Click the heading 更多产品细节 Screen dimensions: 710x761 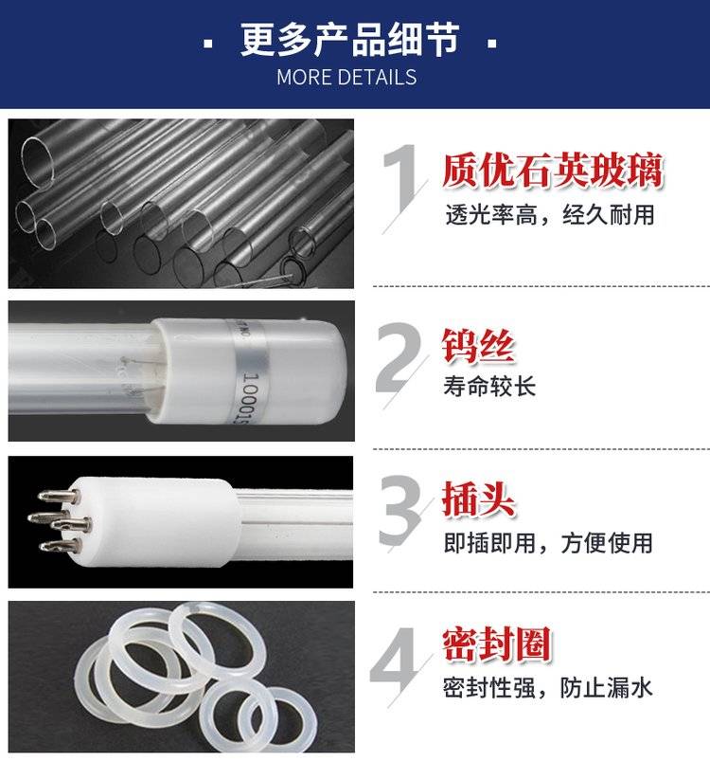pos(349,41)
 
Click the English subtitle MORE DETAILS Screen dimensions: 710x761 pos(346,77)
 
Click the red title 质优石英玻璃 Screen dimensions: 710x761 pos(553,171)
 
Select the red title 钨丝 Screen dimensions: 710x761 pos(478,346)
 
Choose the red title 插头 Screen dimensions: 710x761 pos(478,499)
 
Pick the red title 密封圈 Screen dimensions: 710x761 pos(497,644)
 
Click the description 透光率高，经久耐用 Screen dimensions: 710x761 pos(550,215)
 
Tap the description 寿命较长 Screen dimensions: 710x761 pos(489,387)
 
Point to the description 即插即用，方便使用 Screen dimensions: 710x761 pos(548,543)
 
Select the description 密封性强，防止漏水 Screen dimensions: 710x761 pos(547,688)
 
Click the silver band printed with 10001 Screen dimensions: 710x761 pos(249,372)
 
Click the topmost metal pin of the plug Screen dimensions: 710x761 pos(59,496)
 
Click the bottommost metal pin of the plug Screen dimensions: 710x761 pos(59,546)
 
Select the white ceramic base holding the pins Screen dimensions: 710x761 pos(155,522)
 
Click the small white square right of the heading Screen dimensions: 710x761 pos(492,44)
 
